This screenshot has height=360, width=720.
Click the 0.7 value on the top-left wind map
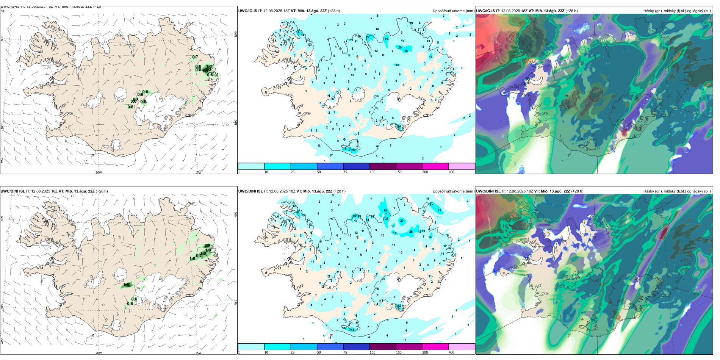(195, 57)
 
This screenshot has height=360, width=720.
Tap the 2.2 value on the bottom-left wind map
(207, 246)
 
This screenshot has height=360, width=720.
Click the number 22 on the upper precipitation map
(368, 37)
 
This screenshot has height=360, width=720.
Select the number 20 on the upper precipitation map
(400, 48)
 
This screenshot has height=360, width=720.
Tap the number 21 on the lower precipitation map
(439, 210)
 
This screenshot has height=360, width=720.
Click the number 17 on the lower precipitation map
(431, 205)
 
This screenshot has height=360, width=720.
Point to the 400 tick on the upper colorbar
(451, 172)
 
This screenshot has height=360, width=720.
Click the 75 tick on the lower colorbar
(345, 352)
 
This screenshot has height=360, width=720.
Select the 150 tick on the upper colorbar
(398, 172)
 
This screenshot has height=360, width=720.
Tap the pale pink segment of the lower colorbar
(462, 347)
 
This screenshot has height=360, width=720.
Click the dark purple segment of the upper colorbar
(382, 166)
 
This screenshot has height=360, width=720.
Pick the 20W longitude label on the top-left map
(99, 172)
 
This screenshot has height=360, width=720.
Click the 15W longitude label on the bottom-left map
(198, 353)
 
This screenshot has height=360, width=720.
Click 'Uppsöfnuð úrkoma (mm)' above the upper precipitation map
(453, 11)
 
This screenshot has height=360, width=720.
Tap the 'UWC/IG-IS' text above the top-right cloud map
(485, 11)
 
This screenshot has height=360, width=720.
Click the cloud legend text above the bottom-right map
(677, 191)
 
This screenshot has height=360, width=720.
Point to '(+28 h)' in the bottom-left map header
(102, 191)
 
